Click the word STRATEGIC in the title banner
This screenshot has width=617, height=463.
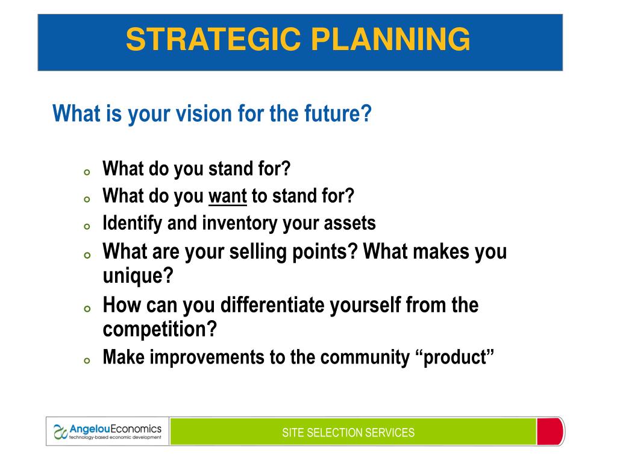click(x=213, y=39)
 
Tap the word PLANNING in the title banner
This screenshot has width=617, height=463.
click(x=390, y=39)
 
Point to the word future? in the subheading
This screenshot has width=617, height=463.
click(x=337, y=113)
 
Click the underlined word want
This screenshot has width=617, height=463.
click(x=227, y=196)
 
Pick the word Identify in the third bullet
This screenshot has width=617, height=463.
click(x=132, y=224)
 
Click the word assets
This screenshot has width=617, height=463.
click(x=349, y=224)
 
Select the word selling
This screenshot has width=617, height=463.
click(x=258, y=252)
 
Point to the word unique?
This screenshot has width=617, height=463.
click(x=138, y=276)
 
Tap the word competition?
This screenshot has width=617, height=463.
click(x=160, y=329)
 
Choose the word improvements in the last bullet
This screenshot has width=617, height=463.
click(x=207, y=357)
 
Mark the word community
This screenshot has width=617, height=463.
click(x=365, y=357)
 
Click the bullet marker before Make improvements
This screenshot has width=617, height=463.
click(x=87, y=361)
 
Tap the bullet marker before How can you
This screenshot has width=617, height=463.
click(x=87, y=309)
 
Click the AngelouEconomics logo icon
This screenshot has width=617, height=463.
click(x=60, y=432)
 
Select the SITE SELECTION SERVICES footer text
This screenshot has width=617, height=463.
click(x=348, y=433)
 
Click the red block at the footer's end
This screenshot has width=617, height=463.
click(x=550, y=432)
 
